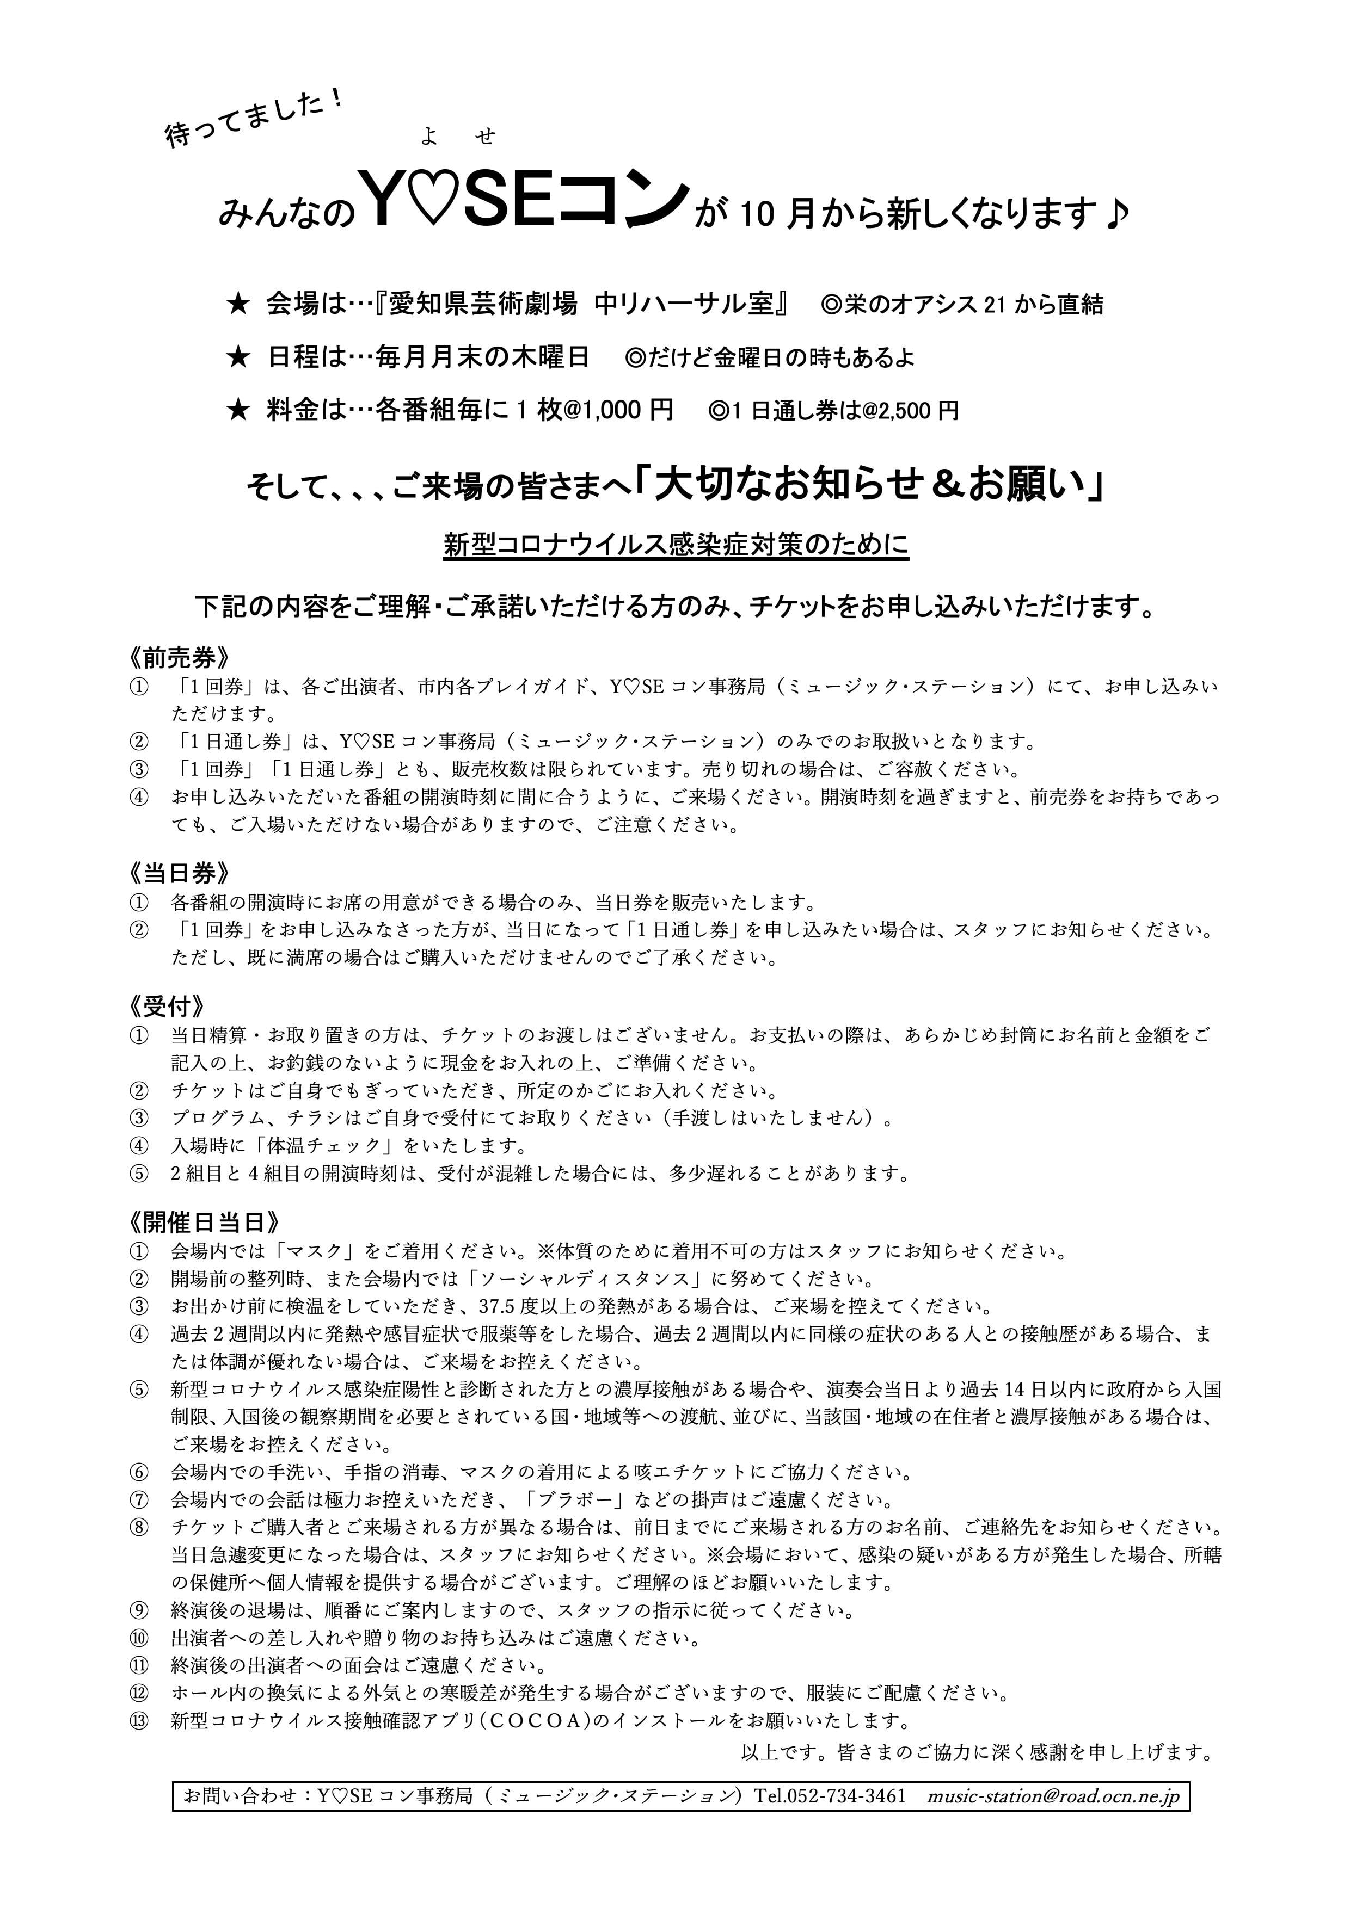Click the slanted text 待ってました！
254,118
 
